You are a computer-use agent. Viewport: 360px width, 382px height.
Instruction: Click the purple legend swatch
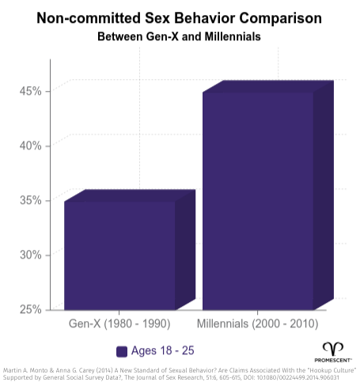pos(122,351)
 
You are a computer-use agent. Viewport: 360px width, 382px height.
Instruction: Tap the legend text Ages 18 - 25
pos(163,351)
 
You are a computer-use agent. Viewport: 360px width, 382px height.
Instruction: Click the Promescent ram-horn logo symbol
pos(333,348)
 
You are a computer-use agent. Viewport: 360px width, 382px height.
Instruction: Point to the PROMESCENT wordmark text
pos(333,359)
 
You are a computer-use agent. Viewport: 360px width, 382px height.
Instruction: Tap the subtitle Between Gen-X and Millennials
pos(180,36)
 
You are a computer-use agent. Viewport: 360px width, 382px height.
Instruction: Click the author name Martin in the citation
pos(13,369)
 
